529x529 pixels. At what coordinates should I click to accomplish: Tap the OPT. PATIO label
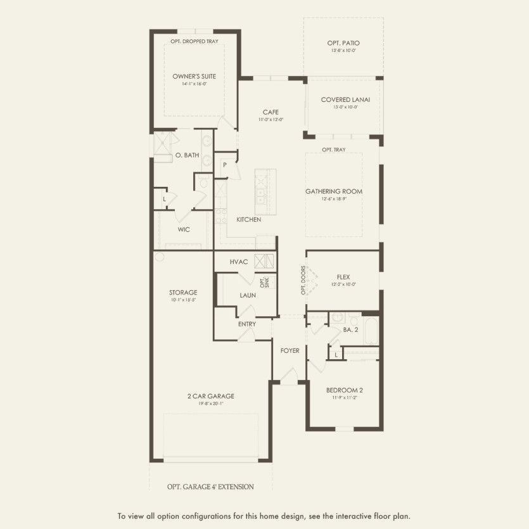[343, 43]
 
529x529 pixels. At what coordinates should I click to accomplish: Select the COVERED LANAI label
[345, 99]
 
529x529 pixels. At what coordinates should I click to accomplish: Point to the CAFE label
[271, 112]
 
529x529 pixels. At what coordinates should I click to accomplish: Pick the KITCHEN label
[249, 220]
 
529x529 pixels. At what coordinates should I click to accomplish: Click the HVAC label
[238, 262]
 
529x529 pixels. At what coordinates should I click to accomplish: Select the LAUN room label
[248, 295]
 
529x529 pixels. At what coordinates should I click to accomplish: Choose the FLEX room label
[343, 277]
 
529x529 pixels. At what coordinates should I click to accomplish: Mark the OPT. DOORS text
[303, 280]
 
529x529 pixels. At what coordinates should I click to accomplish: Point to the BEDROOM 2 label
[344, 390]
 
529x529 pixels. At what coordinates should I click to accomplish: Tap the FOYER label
[290, 350]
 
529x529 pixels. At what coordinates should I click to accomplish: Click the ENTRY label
[247, 324]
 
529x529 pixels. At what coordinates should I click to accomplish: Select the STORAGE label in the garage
[183, 293]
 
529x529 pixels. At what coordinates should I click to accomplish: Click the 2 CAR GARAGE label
[210, 396]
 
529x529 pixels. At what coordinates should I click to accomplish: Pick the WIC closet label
[184, 229]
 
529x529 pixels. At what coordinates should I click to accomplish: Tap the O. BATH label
[187, 155]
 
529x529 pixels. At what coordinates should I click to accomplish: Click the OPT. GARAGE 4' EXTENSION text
[210, 487]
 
